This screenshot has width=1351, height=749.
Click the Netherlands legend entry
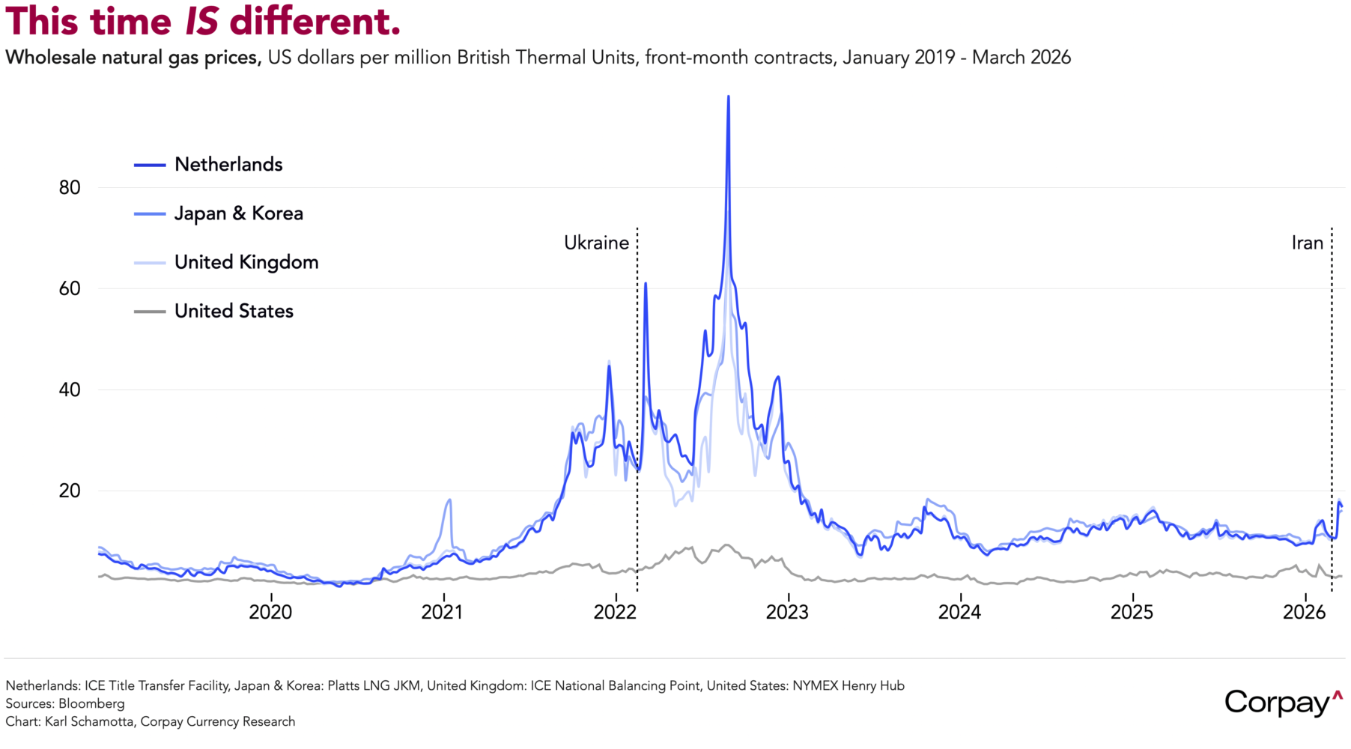coord(228,165)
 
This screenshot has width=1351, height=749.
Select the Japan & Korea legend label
coord(238,213)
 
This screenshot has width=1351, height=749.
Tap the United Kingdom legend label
coord(246,262)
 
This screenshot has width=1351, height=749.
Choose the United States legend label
coord(234,311)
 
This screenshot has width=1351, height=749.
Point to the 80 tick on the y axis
coord(70,187)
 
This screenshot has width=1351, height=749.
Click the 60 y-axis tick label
coord(70,288)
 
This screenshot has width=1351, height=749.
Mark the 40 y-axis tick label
coord(70,389)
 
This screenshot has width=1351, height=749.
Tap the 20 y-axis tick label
coord(70,491)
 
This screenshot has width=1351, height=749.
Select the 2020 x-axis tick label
coord(270,612)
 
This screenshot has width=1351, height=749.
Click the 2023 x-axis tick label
coord(787,612)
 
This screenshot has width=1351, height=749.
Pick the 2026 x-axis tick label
coord(1304,612)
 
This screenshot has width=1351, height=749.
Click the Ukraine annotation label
coord(596,243)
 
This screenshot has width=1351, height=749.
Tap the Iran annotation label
coord(1307,243)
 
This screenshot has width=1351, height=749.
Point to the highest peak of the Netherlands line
coord(728,97)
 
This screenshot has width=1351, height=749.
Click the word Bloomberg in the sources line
coord(91,703)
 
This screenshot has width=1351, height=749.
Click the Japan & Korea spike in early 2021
coord(449,500)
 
